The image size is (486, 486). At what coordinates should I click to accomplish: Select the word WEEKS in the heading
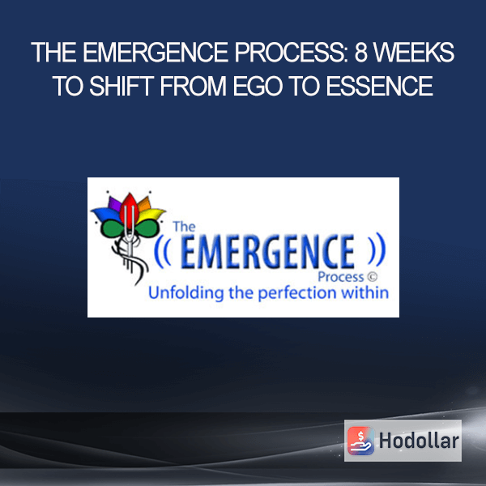tap(415, 53)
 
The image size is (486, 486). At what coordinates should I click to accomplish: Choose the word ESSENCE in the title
tap(379, 86)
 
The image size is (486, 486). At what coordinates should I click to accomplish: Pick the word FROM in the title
tap(194, 86)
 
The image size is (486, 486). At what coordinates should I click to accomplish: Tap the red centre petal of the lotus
tap(130, 209)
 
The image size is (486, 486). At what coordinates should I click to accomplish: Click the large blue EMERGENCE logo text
tap(267, 251)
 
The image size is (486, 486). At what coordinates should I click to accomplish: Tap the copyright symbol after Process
tap(373, 276)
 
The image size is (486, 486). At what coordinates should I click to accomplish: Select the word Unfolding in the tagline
tap(186, 293)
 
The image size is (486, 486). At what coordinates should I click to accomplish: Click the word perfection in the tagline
tap(297, 293)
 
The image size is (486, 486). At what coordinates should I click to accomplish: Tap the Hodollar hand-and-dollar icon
tap(360, 441)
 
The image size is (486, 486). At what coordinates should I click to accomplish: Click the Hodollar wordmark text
tap(419, 441)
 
